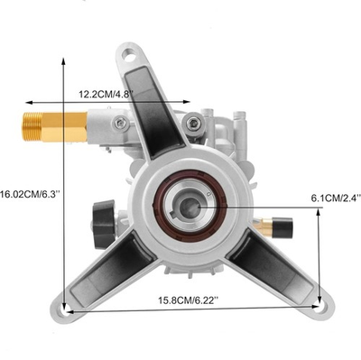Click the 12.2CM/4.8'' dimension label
[x=106, y=94]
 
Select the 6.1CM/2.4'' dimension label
[x=336, y=198]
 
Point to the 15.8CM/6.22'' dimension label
[x=188, y=300]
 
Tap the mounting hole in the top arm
[x=130, y=56]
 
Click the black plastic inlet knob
[x=104, y=224]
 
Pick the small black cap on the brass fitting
[x=282, y=227]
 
